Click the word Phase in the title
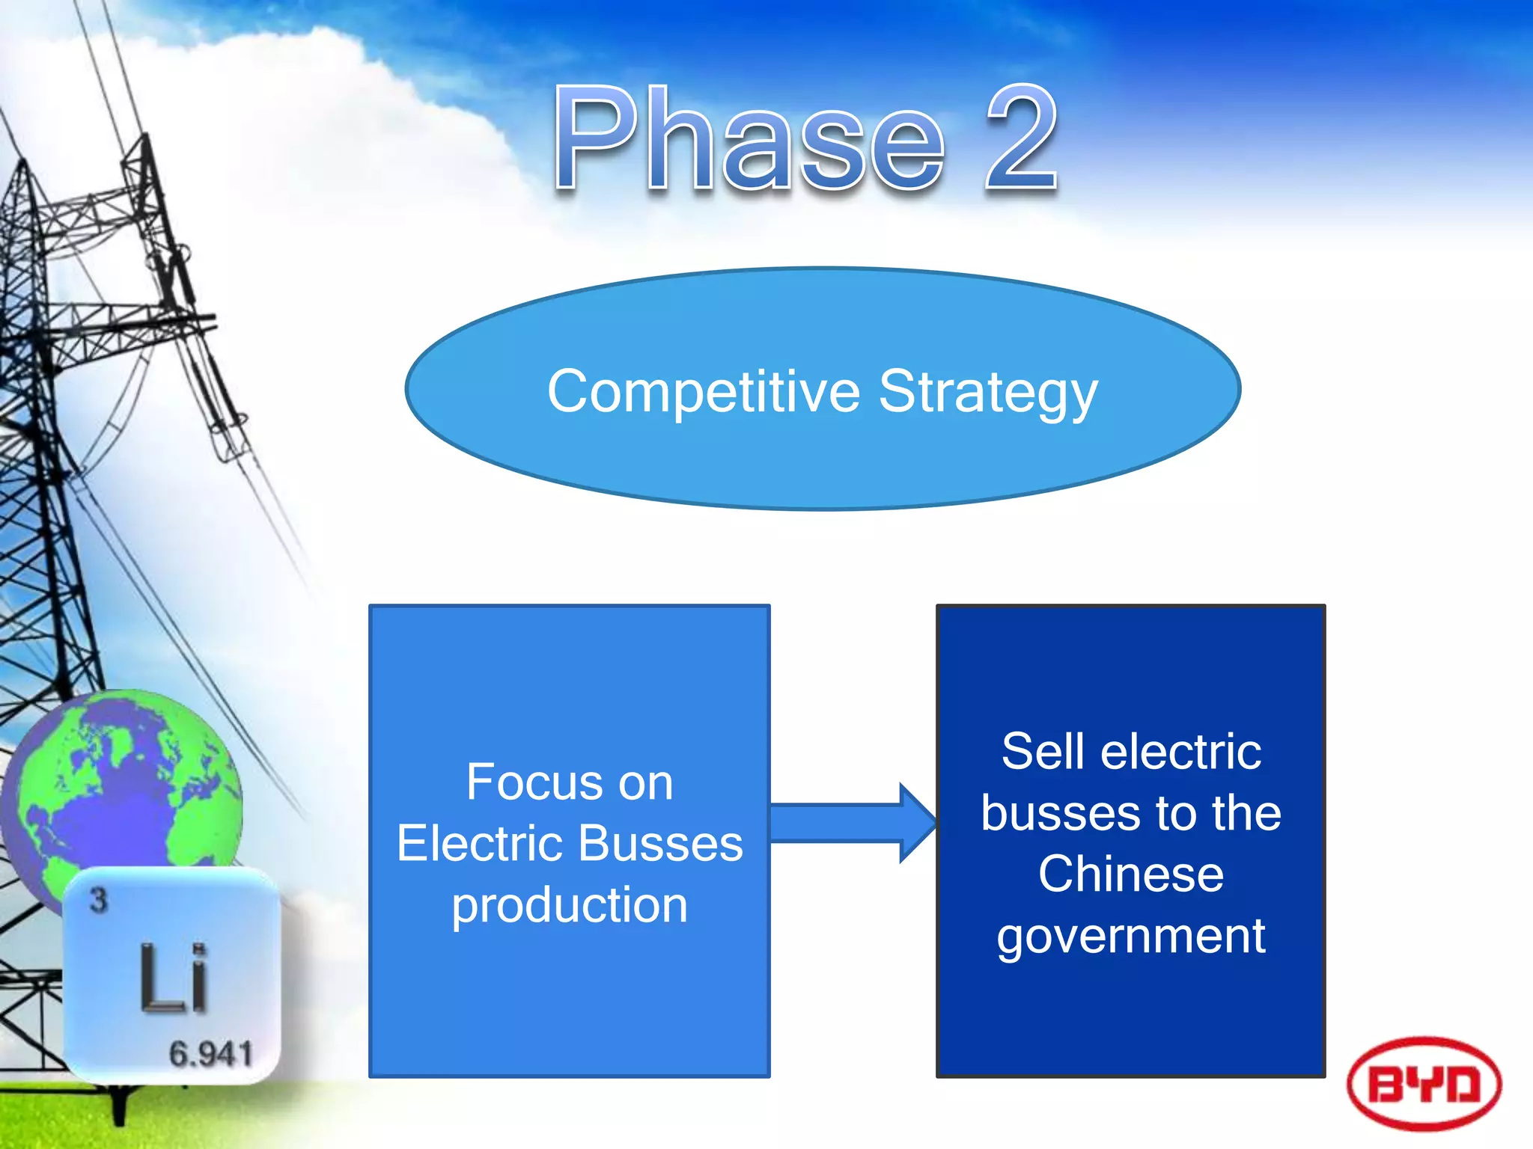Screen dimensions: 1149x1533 click(x=749, y=138)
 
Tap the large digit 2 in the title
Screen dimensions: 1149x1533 click(x=1022, y=138)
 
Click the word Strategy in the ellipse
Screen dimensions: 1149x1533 click(x=988, y=392)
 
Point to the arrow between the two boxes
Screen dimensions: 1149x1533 click(x=853, y=823)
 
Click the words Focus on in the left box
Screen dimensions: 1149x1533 click(x=570, y=782)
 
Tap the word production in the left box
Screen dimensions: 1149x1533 click(x=570, y=906)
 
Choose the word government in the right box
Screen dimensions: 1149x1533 click(x=1131, y=937)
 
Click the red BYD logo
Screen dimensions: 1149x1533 click(x=1424, y=1083)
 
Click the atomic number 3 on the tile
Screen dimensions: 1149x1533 click(x=99, y=900)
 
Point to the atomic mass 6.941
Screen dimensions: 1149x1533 click(x=210, y=1054)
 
